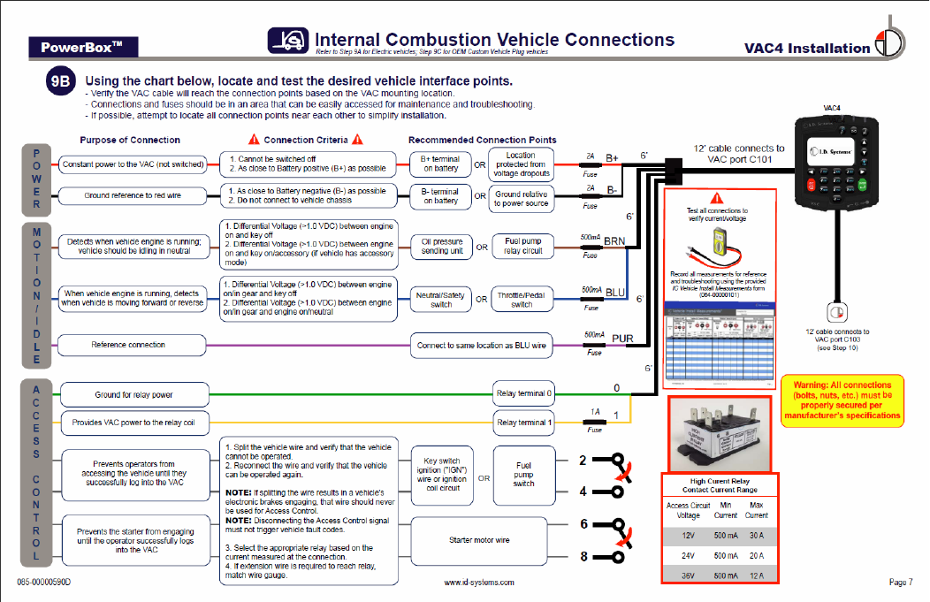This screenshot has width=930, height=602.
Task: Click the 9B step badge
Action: [63, 82]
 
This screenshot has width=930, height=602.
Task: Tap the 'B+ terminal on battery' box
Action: [440, 164]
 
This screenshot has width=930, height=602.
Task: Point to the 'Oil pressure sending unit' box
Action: [442, 247]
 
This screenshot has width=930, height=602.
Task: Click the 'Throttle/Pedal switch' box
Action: [522, 299]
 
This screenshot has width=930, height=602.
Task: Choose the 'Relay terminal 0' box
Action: [523, 393]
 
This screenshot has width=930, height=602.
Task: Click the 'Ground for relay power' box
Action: [133, 394]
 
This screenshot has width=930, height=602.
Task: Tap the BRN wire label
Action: [614, 240]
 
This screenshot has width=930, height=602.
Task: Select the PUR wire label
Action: [622, 339]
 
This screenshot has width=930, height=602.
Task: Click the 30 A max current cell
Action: [756, 535]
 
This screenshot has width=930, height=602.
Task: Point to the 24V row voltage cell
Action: [688, 555]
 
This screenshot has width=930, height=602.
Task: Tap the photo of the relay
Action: [720, 433]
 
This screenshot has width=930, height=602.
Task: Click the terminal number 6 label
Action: [583, 524]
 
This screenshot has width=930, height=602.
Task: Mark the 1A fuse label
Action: [595, 412]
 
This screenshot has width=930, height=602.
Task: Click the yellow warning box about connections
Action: [842, 402]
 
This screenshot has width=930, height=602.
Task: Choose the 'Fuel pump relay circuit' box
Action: [523, 247]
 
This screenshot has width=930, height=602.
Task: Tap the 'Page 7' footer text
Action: [900, 582]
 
